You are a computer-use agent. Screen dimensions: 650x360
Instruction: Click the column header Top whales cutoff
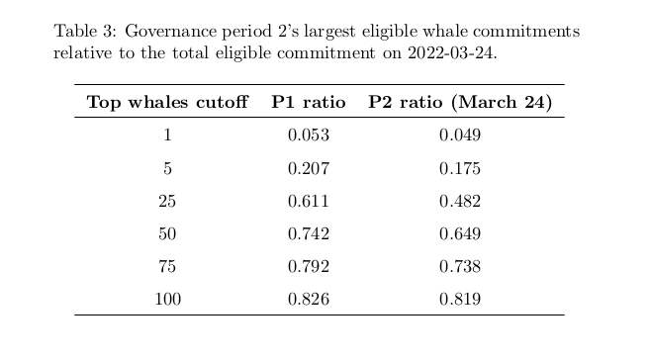tap(167, 102)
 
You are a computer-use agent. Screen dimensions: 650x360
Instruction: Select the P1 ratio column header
tap(309, 102)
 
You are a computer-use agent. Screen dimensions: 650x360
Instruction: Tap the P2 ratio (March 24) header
tap(460, 102)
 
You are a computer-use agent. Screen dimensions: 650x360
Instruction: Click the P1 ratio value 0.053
tap(309, 135)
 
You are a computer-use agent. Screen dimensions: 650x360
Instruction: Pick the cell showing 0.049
tap(460, 135)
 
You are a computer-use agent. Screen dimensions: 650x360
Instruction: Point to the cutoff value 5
tap(167, 168)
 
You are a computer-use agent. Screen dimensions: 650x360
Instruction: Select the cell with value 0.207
tap(309, 168)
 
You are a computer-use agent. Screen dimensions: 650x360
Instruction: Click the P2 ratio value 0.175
tap(460, 168)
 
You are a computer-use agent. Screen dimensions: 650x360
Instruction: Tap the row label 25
tap(167, 202)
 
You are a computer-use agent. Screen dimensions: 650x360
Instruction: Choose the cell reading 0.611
tap(309, 202)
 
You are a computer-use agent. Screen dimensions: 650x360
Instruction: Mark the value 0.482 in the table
tap(460, 202)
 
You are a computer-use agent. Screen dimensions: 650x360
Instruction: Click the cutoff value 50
tap(167, 234)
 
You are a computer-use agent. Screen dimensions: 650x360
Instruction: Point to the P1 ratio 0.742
tap(309, 234)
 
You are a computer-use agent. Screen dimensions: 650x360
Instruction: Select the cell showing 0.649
tap(460, 234)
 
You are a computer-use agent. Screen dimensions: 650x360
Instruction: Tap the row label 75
tap(167, 266)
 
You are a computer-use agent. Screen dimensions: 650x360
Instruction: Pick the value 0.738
tap(460, 266)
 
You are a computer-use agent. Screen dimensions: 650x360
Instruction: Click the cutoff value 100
tap(167, 299)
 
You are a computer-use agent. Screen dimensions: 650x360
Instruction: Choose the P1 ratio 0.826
tap(309, 299)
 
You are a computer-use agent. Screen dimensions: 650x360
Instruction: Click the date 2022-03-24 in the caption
tap(452, 53)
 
